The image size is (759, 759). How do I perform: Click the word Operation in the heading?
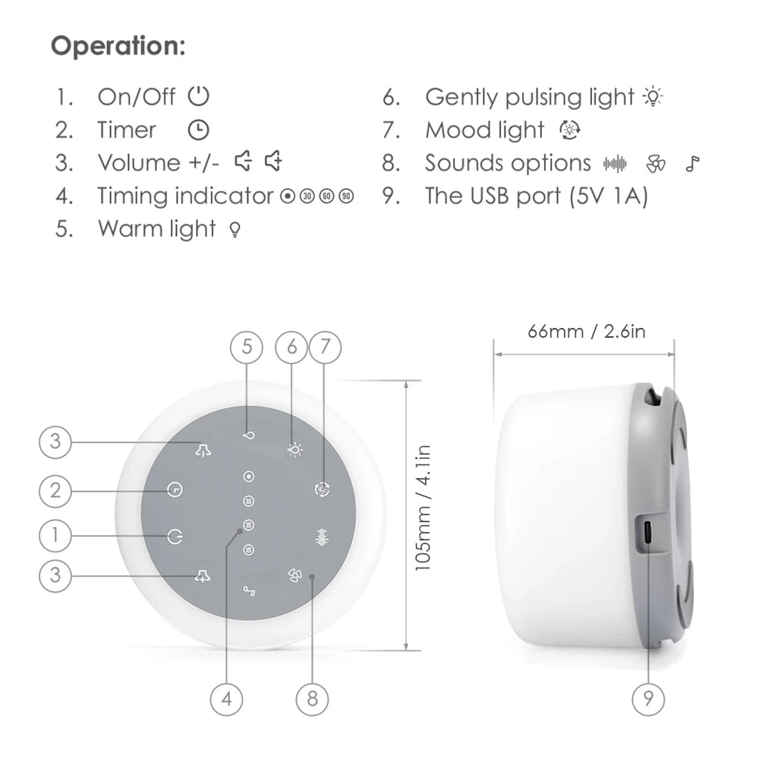118,46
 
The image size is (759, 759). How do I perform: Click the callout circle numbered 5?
247,347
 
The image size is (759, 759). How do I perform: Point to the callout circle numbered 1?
55,535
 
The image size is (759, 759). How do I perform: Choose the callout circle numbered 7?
325,347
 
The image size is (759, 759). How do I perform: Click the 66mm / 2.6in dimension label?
587,331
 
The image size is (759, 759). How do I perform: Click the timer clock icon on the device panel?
175,490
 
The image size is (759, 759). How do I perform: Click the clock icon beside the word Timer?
197,130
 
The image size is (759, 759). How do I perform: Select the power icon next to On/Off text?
198,96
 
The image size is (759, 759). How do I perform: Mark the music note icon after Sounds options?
692,163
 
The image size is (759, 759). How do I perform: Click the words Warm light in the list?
156,228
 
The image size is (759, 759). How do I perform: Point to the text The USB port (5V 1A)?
536,196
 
